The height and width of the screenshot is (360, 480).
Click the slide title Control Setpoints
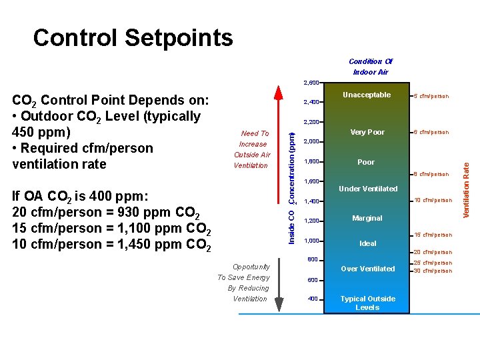tap(133, 38)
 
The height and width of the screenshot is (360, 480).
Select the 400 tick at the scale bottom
tap(313, 299)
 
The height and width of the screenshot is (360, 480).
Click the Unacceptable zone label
tap(366, 95)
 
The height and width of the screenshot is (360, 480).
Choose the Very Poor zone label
tap(367, 132)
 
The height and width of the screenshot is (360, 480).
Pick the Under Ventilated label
tap(368, 189)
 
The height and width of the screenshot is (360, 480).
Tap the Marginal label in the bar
tap(367, 218)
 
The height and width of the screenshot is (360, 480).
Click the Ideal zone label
tap(367, 243)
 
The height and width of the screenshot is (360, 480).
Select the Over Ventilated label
tap(367, 269)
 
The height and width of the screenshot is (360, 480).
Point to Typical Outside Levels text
tap(367, 303)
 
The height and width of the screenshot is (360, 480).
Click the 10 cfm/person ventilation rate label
tap(433, 200)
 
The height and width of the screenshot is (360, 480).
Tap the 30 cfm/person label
tap(433, 271)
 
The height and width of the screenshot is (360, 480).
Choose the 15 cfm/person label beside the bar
tap(433, 235)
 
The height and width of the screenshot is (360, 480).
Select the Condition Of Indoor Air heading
tap(370, 67)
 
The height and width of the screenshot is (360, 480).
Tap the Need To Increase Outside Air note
tap(251, 149)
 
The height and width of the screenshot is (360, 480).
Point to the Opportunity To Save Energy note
tap(244, 283)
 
